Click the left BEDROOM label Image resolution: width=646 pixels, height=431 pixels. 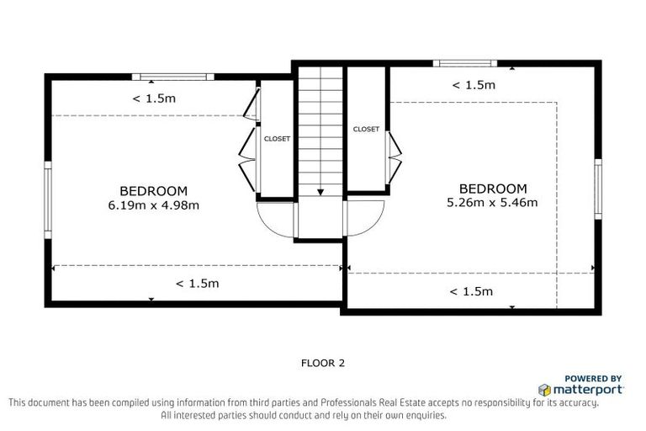tap(153, 191)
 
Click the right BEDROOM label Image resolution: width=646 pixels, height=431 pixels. tap(492, 189)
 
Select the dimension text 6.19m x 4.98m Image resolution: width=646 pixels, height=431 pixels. tap(153, 205)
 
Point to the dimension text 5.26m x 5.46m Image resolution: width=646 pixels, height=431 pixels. tap(492, 202)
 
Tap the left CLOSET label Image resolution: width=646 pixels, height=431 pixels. tap(277, 139)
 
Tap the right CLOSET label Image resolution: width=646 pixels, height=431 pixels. tap(366, 130)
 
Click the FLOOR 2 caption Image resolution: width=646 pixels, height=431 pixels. tap(323, 364)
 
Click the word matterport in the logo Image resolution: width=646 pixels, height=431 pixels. tap(587, 390)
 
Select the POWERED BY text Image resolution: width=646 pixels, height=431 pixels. tap(592, 379)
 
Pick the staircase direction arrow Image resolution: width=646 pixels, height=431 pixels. tap(320, 192)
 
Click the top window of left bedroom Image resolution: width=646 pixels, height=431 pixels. tap(174, 77)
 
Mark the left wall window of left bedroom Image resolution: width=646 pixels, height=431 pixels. tap(48, 200)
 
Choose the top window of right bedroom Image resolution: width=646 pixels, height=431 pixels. tap(463, 63)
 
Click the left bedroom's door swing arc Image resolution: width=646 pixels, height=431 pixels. tap(274, 221)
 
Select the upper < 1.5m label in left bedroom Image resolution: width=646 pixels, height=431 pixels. tap(153, 98)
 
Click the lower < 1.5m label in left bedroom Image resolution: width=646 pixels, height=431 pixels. tap(197, 284)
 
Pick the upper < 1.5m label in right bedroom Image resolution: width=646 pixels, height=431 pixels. tap(474, 85)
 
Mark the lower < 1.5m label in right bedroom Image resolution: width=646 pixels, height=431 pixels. tap(471, 291)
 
